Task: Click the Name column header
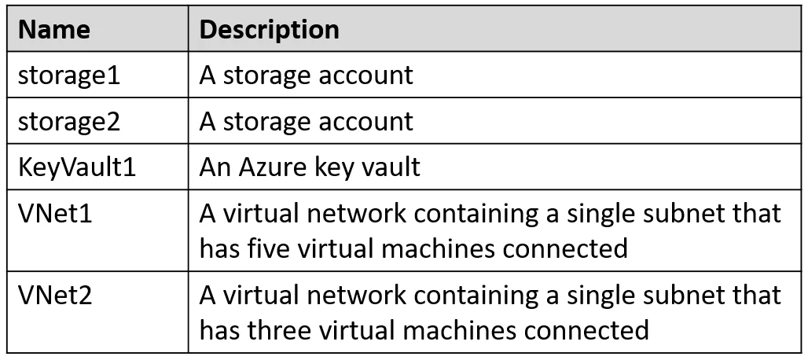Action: (x=54, y=29)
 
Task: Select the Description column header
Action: (x=269, y=30)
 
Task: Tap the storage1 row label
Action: (x=69, y=76)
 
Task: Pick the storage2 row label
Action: (x=69, y=122)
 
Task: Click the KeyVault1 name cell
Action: (x=77, y=167)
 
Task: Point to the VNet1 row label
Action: (x=55, y=213)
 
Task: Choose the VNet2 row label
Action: (x=55, y=296)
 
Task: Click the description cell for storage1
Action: (x=306, y=75)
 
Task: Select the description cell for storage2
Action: (x=306, y=122)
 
